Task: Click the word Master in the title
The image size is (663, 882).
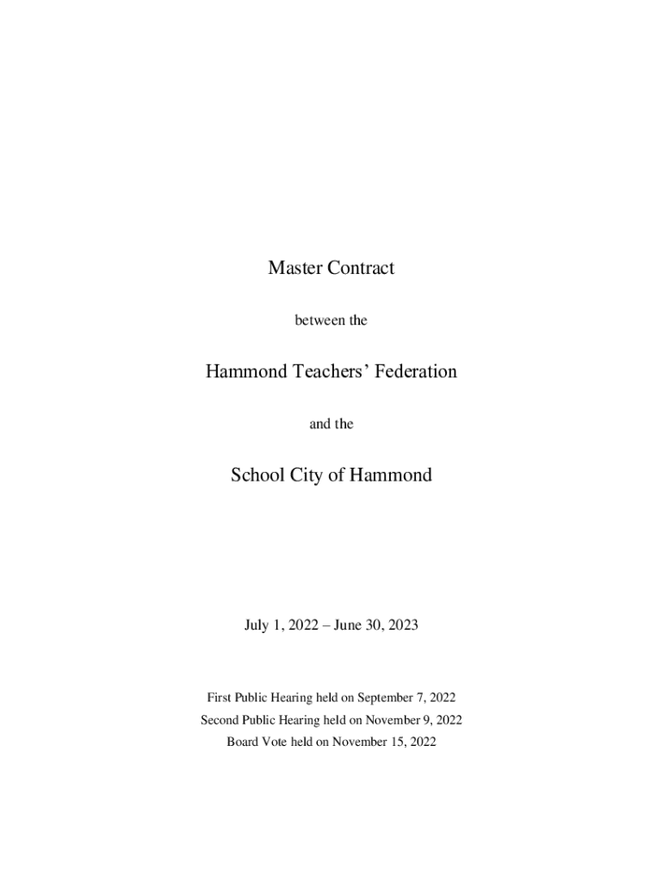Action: pos(294,268)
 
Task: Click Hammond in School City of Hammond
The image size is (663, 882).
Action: pos(391,475)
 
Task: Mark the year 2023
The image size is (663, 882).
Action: pos(402,626)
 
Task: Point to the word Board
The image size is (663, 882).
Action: pos(244,741)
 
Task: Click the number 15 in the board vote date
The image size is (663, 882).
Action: pos(398,741)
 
